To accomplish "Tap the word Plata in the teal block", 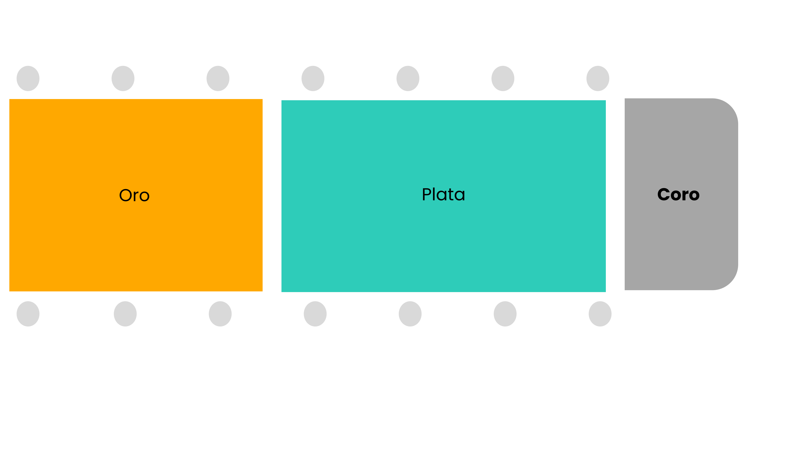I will coord(443,194).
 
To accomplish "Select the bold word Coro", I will coord(678,194).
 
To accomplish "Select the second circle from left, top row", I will coord(123,78).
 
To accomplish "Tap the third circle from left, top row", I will coord(218,78).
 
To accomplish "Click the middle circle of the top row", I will coord(313,78).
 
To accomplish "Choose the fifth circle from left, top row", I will coord(408,78).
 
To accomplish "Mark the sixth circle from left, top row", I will coord(503,78).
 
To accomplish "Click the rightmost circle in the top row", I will coord(598,78).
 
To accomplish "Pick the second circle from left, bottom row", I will coord(125,314).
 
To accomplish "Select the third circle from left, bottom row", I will coord(220,314).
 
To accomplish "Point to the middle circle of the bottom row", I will coord(315,314).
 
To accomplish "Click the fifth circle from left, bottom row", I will coord(410,314).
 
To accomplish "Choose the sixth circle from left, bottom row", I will coord(505,314).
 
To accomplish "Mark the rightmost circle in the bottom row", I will coord(600,314).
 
